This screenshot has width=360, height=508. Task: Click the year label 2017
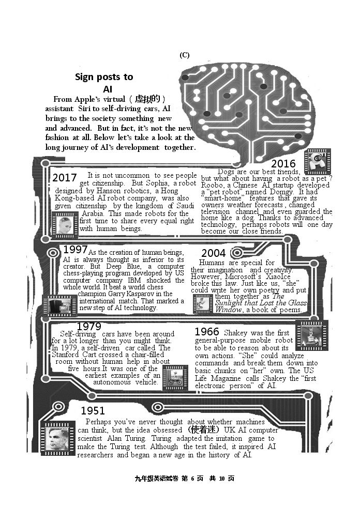point(65,178)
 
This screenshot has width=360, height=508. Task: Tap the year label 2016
point(283,164)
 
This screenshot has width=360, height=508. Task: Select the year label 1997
point(75,250)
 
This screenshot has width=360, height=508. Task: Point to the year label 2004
point(214,253)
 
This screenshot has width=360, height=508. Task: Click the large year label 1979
point(89,326)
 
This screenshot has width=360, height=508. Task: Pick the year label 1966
point(207,331)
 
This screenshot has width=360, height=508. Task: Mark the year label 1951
point(93,410)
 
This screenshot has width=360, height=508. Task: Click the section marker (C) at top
point(185,55)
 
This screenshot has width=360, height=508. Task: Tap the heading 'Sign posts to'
point(104,77)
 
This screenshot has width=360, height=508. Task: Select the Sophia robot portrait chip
point(65,225)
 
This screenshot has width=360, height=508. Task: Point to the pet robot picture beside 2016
point(318,161)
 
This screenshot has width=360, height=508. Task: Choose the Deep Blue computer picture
point(61,305)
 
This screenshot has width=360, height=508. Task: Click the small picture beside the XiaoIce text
point(203,304)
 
